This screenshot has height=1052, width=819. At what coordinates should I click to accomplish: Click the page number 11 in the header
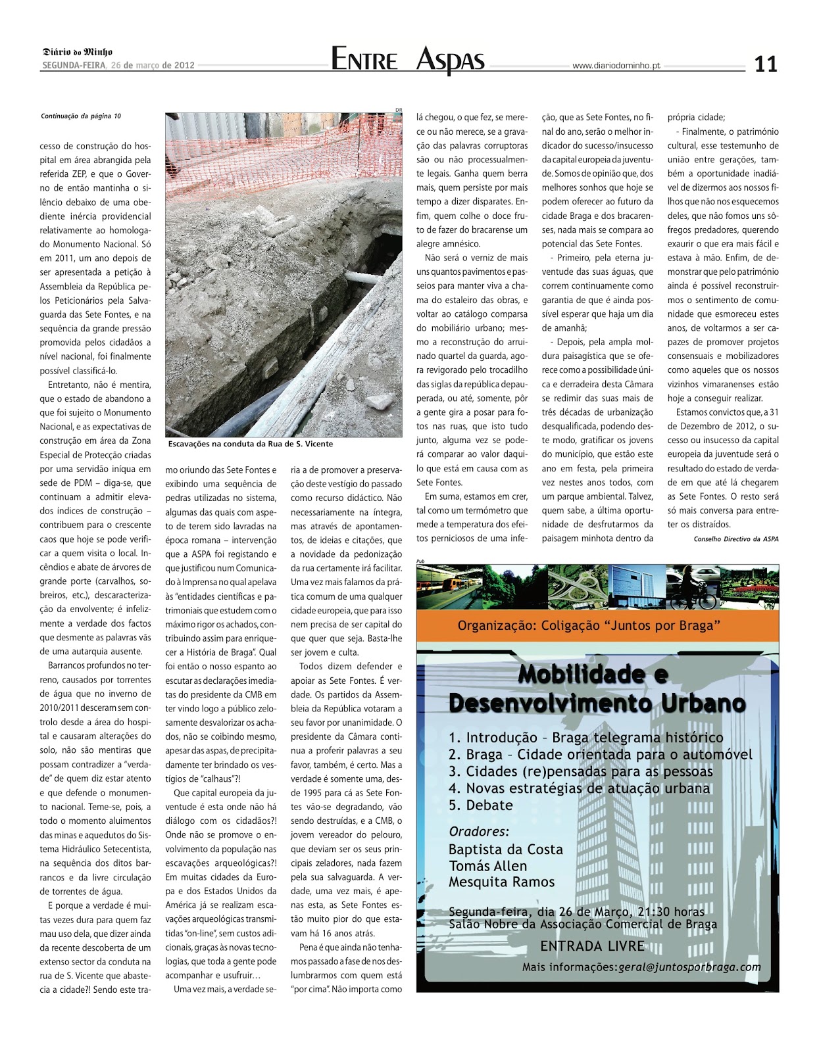point(765,64)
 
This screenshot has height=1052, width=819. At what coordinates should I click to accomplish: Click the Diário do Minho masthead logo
point(78,52)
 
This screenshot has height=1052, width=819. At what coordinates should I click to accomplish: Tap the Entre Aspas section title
point(408,60)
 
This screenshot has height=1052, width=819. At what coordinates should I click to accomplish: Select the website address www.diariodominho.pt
point(616,66)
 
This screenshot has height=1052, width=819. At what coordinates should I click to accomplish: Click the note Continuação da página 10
point(81,116)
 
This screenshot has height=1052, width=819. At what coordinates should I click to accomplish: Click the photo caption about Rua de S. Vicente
point(251,444)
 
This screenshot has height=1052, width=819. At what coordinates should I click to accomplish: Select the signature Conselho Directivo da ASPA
point(735,539)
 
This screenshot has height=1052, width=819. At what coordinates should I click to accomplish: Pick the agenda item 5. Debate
point(480,805)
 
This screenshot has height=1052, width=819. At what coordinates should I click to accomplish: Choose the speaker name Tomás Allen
point(487,866)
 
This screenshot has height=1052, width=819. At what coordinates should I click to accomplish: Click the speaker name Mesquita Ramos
point(501,882)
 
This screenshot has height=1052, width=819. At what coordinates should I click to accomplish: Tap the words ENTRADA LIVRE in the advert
point(592,946)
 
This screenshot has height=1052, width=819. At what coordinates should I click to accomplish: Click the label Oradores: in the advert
point(479,831)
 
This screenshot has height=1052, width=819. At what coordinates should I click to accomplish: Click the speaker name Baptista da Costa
point(505,849)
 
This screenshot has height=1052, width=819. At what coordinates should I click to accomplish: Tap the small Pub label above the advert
point(421,561)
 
